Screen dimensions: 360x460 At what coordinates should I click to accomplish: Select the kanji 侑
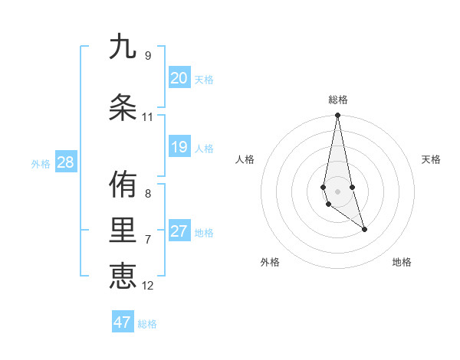pos(123,184)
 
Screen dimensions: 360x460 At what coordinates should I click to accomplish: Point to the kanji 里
pos(123,231)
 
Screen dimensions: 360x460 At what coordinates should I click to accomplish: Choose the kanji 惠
pos(123,275)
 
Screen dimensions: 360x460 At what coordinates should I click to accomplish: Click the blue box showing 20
pos(179,78)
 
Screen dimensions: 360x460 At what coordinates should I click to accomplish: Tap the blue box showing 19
pos(179,147)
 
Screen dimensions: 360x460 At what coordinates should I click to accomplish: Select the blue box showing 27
pos(179,231)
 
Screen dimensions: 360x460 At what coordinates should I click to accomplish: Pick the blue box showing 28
pos(65,162)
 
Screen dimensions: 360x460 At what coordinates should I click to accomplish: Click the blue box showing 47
pos(123,322)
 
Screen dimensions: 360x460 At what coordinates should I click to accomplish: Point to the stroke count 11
pos(147,117)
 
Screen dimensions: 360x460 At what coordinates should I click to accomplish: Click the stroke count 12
pos(148,286)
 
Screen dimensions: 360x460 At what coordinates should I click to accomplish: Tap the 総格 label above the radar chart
pos(338,100)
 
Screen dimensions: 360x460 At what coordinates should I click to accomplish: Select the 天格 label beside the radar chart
pos(432,159)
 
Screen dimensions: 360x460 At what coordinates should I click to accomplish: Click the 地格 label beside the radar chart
pos(402,262)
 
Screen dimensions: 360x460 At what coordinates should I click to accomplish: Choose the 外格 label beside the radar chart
pos(270,262)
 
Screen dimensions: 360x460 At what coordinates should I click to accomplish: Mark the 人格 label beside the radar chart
pos(245,159)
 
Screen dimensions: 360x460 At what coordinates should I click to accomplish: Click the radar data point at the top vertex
pos(337,116)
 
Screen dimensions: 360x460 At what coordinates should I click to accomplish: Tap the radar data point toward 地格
pos(364,229)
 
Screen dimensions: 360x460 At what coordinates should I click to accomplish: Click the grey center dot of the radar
pos(337,191)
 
